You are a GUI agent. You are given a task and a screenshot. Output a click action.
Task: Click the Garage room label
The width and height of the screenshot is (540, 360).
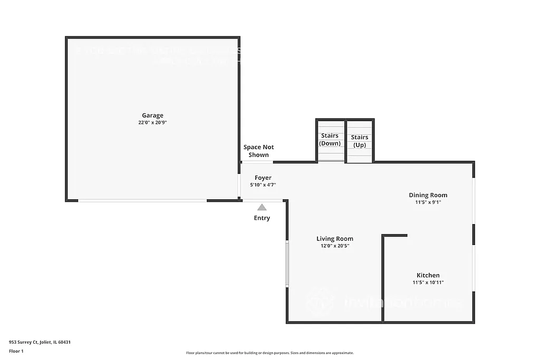point(152,115)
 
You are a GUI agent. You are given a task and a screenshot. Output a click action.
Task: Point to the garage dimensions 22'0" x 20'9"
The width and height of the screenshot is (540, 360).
point(152,123)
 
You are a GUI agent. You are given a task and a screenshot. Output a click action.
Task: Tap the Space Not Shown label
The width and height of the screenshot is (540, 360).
point(258,151)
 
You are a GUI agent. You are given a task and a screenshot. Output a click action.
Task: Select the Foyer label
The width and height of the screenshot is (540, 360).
point(263,178)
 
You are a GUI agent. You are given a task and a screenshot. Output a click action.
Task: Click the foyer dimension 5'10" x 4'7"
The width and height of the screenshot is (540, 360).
point(263,185)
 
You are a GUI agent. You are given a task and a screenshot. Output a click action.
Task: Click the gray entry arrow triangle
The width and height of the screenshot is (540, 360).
point(262,207)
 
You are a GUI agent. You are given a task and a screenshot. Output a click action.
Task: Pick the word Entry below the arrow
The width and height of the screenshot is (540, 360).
point(262,218)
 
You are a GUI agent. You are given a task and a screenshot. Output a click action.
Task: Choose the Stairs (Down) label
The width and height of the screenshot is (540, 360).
point(330,140)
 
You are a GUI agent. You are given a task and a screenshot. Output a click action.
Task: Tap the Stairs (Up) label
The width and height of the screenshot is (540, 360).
point(360,141)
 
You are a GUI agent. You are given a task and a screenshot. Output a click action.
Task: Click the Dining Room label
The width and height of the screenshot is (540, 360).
point(428,195)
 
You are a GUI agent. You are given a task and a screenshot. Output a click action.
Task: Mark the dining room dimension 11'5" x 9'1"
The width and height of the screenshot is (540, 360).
point(428,202)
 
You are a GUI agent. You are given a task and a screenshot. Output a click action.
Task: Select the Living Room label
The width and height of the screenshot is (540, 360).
point(335,239)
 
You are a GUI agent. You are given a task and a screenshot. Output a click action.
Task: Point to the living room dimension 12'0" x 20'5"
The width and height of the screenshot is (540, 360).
point(335,246)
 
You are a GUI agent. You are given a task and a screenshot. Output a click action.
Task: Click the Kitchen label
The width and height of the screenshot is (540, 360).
point(428,275)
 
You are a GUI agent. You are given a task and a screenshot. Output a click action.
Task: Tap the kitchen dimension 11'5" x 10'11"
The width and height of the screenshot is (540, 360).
point(428,283)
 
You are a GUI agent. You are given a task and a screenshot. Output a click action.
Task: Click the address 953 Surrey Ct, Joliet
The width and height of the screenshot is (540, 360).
point(40,342)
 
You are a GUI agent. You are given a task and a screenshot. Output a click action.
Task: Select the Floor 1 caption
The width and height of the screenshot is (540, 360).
point(17,351)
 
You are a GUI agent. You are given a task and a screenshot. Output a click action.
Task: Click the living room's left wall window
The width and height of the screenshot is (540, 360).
point(287,264)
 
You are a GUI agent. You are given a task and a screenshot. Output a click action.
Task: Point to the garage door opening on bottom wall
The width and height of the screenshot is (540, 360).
point(142,200)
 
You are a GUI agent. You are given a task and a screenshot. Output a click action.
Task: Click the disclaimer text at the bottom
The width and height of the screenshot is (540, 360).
point(269,353)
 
